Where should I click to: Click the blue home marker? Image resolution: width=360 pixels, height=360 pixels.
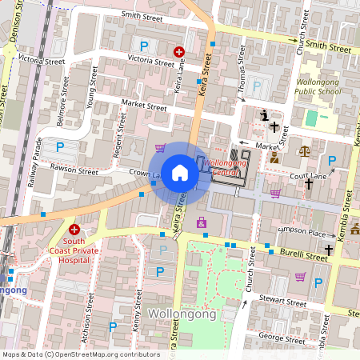pyautogui.click(x=180, y=173)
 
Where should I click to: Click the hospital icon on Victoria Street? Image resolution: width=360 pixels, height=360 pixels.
pyautogui.click(x=179, y=52)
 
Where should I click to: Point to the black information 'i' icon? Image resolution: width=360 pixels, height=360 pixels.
pyautogui.click(x=265, y=116)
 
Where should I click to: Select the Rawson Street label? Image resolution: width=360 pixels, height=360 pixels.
pyautogui.click(x=74, y=170)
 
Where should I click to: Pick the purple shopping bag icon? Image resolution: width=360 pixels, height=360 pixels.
pyautogui.click(x=200, y=222)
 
